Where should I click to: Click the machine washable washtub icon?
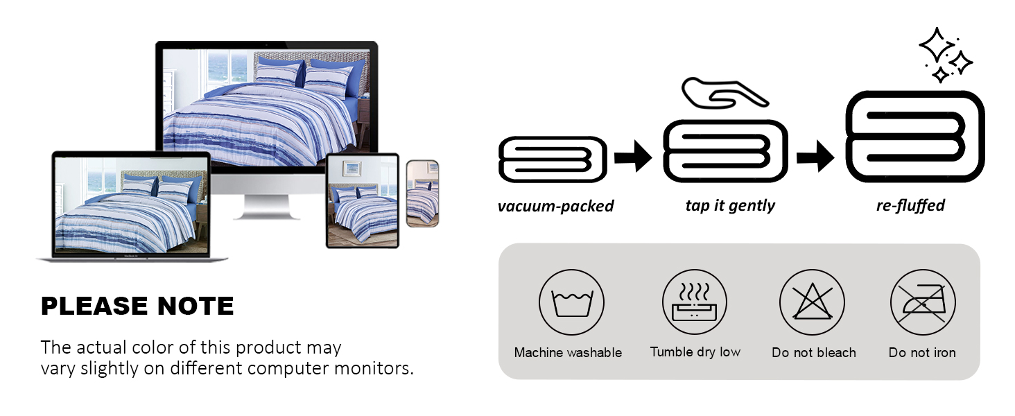tap(571, 302)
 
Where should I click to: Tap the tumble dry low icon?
tap(695, 302)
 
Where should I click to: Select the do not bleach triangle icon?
tap(812, 302)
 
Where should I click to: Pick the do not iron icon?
tap(923, 302)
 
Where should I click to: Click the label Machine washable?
tap(568, 353)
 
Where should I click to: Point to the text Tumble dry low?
tap(695, 352)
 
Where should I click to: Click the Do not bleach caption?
tap(813, 353)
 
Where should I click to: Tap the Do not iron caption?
tap(922, 353)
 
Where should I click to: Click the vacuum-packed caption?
tap(555, 206)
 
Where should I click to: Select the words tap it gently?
tap(730, 205)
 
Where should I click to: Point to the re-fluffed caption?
tap(910, 205)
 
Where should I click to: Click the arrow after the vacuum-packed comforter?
tap(633, 157)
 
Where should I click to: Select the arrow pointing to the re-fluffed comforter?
tap(815, 157)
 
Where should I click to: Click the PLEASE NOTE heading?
tap(137, 306)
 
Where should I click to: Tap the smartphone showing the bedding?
tap(422, 193)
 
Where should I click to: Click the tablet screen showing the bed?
tap(362, 200)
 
